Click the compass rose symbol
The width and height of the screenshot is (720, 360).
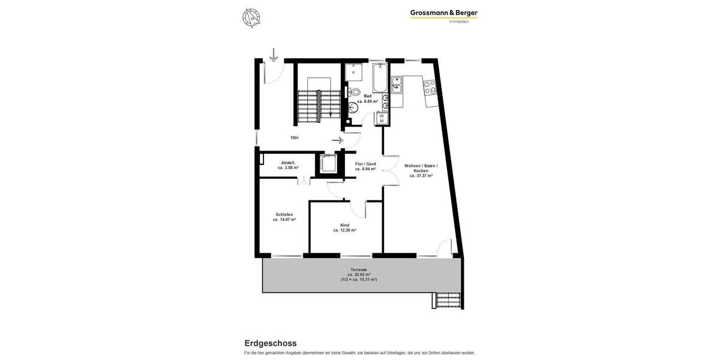(252, 18)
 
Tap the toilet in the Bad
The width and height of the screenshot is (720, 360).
(355, 92)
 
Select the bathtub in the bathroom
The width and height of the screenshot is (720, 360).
(379, 78)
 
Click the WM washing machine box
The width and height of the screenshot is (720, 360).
(381, 118)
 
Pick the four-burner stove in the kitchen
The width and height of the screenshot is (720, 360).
(430, 88)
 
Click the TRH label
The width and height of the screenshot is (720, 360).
(294, 138)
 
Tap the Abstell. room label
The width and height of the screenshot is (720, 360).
(288, 163)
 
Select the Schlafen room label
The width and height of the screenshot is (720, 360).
(284, 214)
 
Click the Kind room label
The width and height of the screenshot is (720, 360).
(344, 225)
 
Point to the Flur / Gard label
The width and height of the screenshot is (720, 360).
(365, 164)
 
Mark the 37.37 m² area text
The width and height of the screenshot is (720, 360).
(421, 176)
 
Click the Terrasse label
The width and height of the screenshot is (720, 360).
(359, 270)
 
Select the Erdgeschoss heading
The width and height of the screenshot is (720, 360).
(270, 343)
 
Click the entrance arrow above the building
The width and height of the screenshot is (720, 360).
(274, 55)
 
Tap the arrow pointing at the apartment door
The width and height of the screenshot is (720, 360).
(337, 140)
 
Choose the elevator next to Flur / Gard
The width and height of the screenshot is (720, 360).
(328, 164)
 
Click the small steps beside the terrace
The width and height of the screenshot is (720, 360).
(447, 299)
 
